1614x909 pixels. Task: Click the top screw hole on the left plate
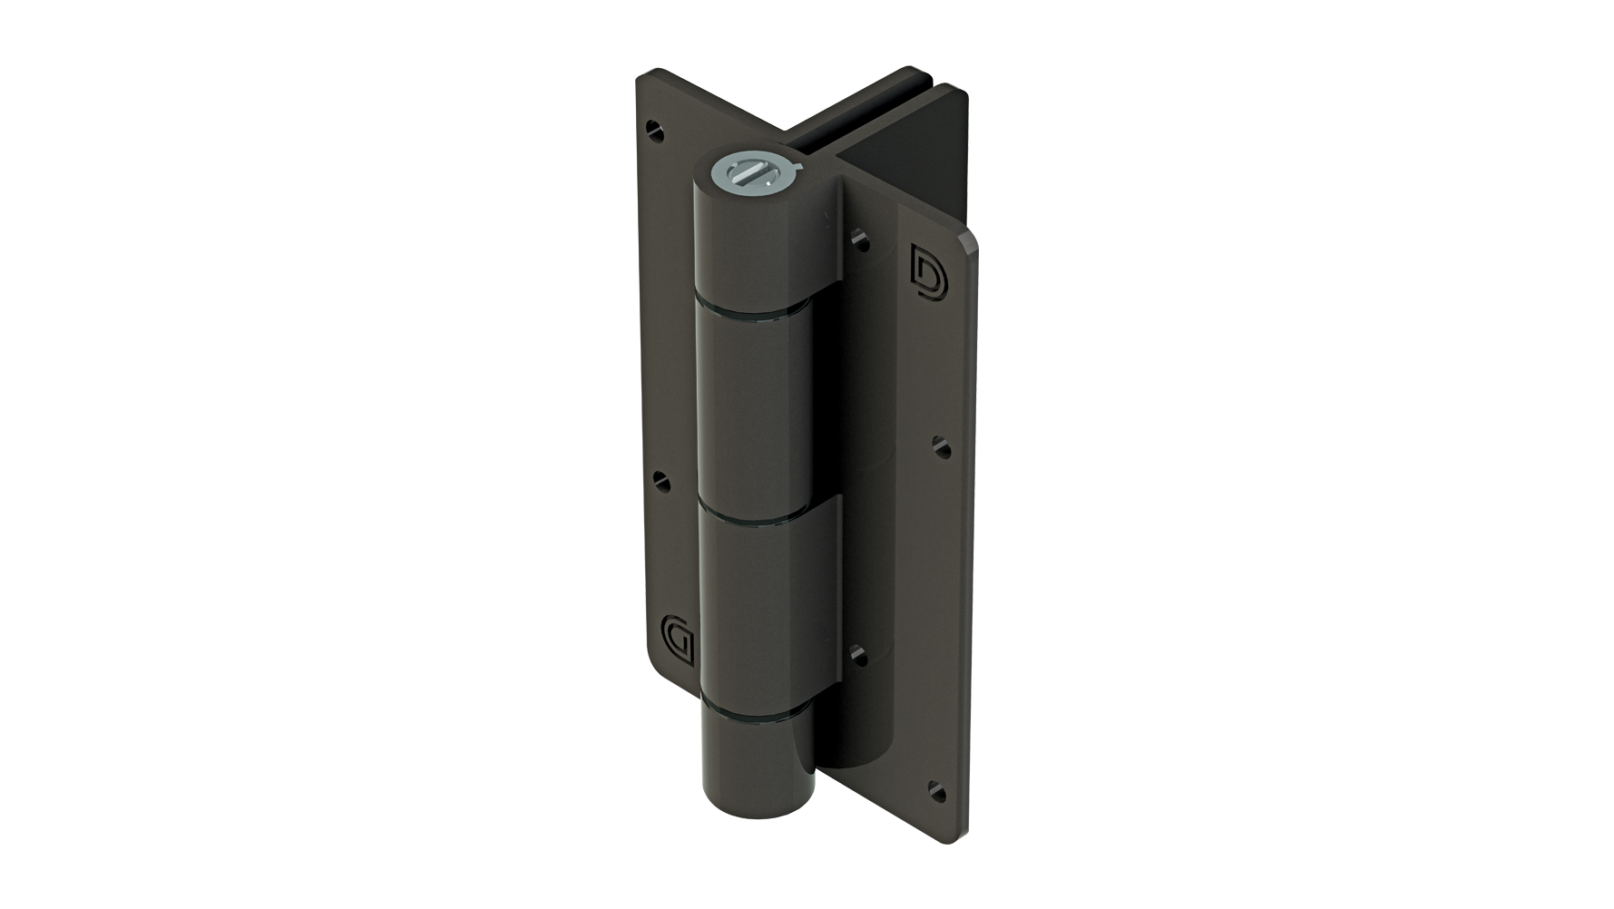[x=659, y=133]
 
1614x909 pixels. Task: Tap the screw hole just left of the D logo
[x=861, y=241]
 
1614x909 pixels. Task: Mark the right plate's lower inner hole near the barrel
[x=859, y=651]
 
